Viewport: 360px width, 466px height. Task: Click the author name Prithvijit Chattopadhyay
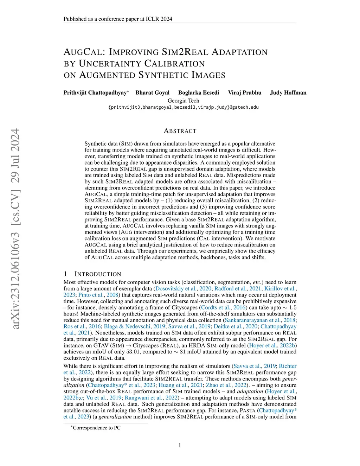click(95, 93)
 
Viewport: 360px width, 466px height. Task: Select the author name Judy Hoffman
click(288, 93)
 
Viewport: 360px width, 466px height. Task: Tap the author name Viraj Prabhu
click(244, 93)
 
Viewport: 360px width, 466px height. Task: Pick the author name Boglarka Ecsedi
click(198, 93)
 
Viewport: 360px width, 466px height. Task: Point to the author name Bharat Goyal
click(152, 93)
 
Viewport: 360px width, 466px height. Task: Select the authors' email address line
click(183, 107)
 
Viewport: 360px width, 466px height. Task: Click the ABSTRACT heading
click(180, 131)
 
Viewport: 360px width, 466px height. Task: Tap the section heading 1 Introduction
click(92, 274)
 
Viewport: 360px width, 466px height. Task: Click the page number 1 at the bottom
click(180, 446)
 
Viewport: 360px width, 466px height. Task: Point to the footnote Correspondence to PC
click(96, 428)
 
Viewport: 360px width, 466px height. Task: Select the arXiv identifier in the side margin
click(15, 229)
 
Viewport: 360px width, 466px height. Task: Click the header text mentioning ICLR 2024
click(118, 19)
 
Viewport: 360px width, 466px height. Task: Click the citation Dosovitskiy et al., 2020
click(183, 289)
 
